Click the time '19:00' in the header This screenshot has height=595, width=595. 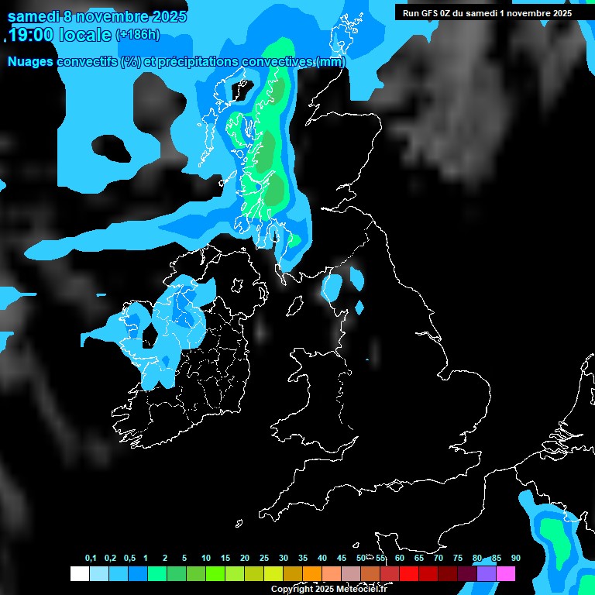pyautogui.click(x=31, y=35)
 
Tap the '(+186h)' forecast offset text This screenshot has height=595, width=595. pyautogui.click(x=138, y=35)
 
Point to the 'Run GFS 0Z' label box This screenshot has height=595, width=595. pyautogui.click(x=487, y=12)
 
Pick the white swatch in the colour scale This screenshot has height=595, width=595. pyautogui.click(x=79, y=574)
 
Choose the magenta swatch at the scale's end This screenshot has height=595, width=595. pyautogui.click(x=506, y=574)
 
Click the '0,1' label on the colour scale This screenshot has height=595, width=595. pyautogui.click(x=91, y=559)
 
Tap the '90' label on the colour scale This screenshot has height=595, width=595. pyautogui.click(x=515, y=559)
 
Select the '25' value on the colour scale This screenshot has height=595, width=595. pyautogui.click(x=264, y=559)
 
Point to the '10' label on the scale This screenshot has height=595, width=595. pyautogui.click(x=206, y=559)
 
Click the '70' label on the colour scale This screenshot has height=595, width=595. pyautogui.click(x=439, y=559)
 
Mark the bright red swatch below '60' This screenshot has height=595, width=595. pyautogui.click(x=409, y=574)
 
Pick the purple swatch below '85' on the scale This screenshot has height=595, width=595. pyautogui.click(x=487, y=574)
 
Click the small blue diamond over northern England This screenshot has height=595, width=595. pyautogui.click(x=359, y=308)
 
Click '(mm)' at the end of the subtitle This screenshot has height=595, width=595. pyautogui.click(x=331, y=61)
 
